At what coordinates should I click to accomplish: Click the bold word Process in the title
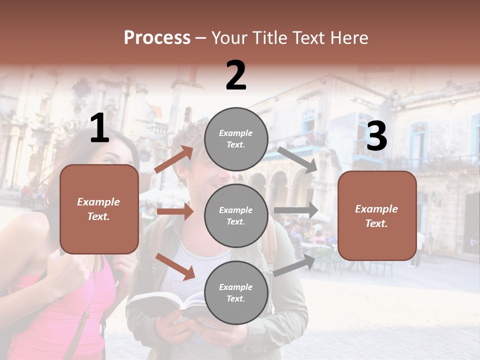pyautogui.click(x=157, y=38)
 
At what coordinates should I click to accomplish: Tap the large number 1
pyautogui.click(x=99, y=128)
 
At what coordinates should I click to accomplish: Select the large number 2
pyautogui.click(x=236, y=75)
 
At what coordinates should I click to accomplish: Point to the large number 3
pyautogui.click(x=376, y=136)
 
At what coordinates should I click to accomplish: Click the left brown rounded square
pyautogui.click(x=99, y=209)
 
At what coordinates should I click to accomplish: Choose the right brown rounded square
pyautogui.click(x=377, y=215)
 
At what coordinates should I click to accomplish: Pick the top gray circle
pyautogui.click(x=236, y=139)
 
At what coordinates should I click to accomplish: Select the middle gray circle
pyautogui.click(x=236, y=215)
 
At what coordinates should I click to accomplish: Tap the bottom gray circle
pyautogui.click(x=236, y=292)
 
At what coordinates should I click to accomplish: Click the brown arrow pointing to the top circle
pyautogui.click(x=174, y=159)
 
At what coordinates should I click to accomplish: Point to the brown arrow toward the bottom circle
pyautogui.click(x=175, y=266)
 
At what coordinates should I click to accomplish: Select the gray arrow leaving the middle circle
pyautogui.click(x=296, y=210)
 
